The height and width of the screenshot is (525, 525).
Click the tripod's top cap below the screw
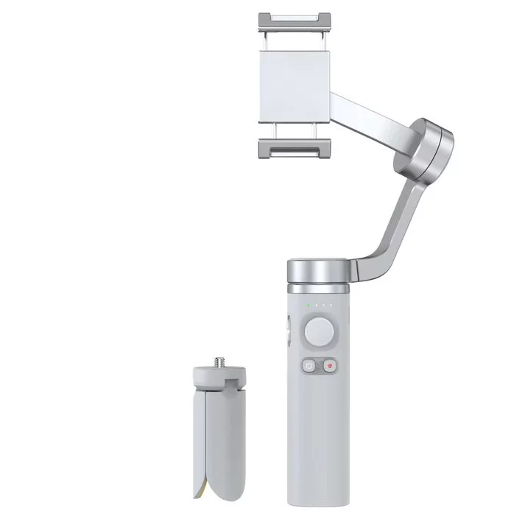pyautogui.click(x=219, y=377)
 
